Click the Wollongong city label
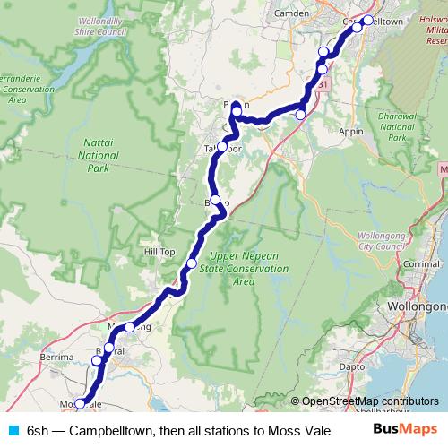tap(416, 306)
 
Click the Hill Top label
tap(159, 253)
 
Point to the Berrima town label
tap(56, 357)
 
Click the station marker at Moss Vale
tap(79, 404)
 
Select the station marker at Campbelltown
tap(367, 20)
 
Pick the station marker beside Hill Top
tap(192, 263)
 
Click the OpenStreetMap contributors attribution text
tap(370, 401)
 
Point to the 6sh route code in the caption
tap(36, 430)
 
